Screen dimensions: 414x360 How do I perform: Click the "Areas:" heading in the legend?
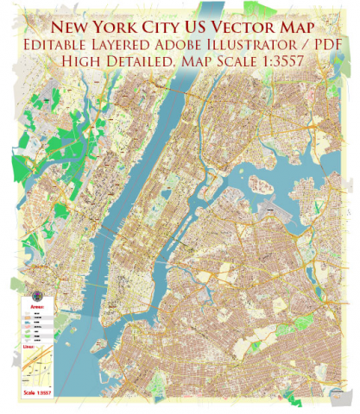pyautogui.click(x=37, y=306)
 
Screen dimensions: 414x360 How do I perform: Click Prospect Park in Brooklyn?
pyautogui.click(x=177, y=352)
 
